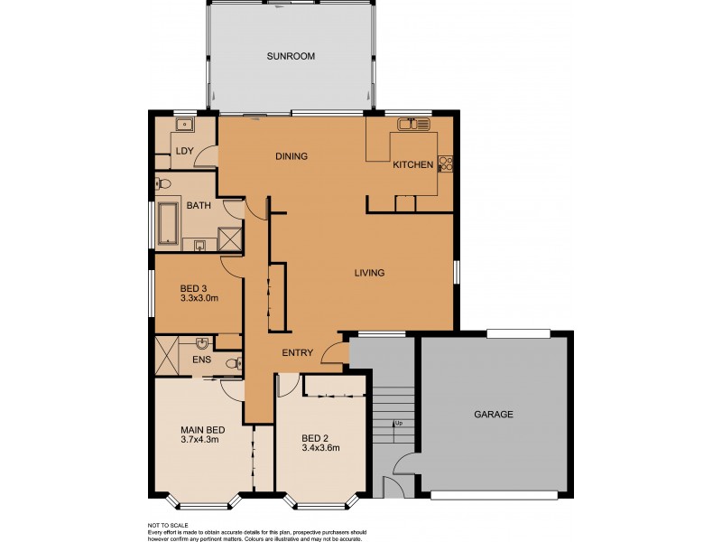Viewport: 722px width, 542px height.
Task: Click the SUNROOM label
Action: point(291,56)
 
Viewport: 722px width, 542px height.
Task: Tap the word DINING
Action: point(292,156)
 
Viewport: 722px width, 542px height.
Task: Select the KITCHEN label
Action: point(412,165)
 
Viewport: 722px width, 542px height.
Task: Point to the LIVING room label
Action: point(369,273)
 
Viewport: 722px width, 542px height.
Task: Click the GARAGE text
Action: point(494,415)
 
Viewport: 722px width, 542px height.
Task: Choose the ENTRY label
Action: point(297,353)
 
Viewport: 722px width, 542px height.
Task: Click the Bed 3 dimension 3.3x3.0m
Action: point(199,297)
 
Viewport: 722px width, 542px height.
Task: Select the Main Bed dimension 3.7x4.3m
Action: point(200,440)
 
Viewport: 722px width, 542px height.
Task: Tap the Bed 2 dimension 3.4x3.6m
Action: point(320,447)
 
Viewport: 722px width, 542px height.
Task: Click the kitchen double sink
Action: point(415,124)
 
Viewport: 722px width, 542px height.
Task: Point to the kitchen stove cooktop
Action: point(445,164)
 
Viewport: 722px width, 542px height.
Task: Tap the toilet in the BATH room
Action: point(162,183)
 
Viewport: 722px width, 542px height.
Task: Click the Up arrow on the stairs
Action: point(396,423)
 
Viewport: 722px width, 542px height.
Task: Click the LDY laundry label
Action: point(184,152)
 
